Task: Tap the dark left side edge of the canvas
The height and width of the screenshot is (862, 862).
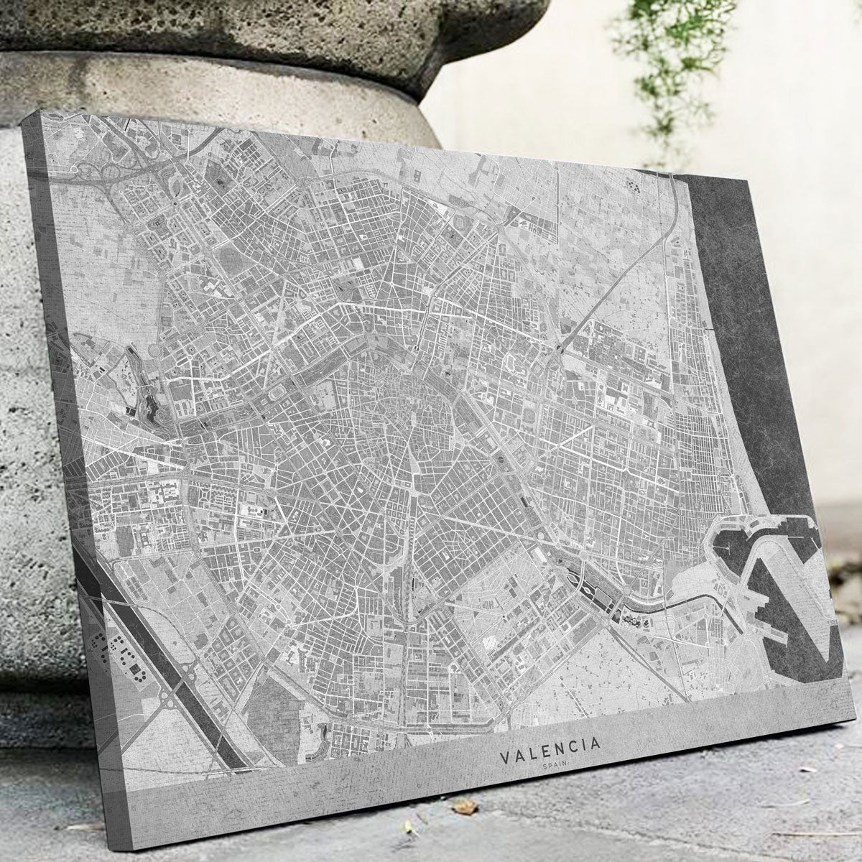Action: click(x=79, y=503)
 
